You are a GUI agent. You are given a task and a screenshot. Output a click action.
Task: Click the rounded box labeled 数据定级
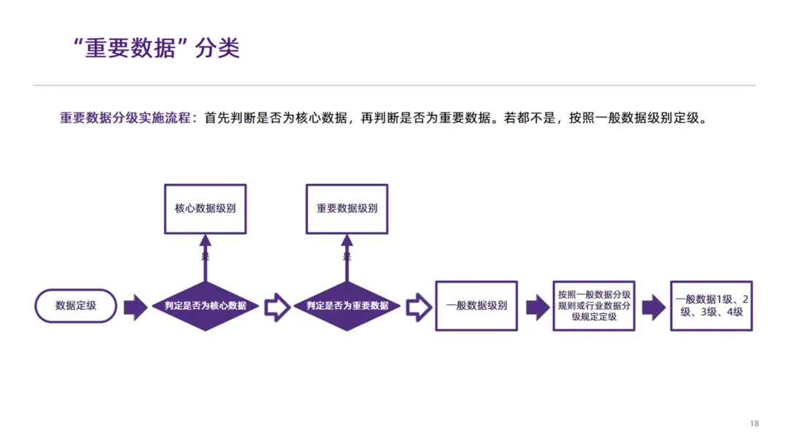(76, 306)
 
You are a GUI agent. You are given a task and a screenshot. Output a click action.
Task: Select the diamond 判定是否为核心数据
(205, 306)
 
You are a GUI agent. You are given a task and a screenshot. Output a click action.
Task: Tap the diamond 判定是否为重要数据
(347, 306)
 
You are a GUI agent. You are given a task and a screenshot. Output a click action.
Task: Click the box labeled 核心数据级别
(205, 209)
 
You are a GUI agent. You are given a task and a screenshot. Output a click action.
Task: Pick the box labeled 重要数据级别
(347, 209)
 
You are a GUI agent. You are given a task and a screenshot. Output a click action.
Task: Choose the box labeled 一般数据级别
(476, 306)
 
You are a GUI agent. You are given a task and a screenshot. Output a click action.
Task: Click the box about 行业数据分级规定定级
(594, 306)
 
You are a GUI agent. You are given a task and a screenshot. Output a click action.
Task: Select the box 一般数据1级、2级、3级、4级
(711, 306)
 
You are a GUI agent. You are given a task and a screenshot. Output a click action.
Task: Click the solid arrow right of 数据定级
(135, 307)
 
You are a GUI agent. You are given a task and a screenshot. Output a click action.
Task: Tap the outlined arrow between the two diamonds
(277, 307)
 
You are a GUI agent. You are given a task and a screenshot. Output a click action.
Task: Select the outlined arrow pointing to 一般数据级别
(418, 307)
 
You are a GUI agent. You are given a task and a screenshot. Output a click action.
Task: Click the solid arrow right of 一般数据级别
(537, 307)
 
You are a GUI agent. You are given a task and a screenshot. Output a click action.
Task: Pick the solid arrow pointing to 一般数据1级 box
(653, 307)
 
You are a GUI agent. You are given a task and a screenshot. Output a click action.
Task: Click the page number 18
(754, 424)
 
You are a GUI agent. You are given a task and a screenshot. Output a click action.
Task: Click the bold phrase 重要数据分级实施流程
(125, 118)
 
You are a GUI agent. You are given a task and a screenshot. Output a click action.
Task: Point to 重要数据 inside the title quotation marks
(131, 48)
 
